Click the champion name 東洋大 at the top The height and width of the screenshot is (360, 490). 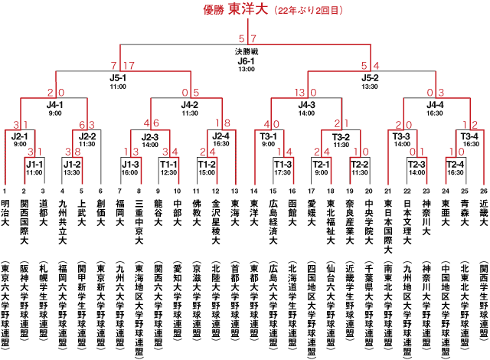click(x=248, y=9)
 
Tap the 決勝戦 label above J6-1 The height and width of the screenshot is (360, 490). click(x=247, y=51)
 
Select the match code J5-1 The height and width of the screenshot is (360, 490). click(x=118, y=78)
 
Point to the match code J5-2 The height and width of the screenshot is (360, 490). click(x=370, y=78)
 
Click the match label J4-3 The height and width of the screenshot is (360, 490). click(x=306, y=105)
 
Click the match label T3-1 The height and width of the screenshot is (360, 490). click(x=269, y=136)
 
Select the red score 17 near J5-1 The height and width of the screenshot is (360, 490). click(x=129, y=66)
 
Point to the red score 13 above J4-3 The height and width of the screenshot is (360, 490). click(x=299, y=93)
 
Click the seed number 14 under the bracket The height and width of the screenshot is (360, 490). click(x=254, y=191)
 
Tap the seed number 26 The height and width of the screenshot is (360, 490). click(x=484, y=191)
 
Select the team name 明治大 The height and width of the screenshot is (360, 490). click(x=5, y=213)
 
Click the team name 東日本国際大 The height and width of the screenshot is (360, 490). click(x=388, y=227)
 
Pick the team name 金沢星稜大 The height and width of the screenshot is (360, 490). click(x=216, y=222)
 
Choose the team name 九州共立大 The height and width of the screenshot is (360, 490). click(x=63, y=222)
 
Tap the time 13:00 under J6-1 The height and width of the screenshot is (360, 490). click(x=247, y=69)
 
